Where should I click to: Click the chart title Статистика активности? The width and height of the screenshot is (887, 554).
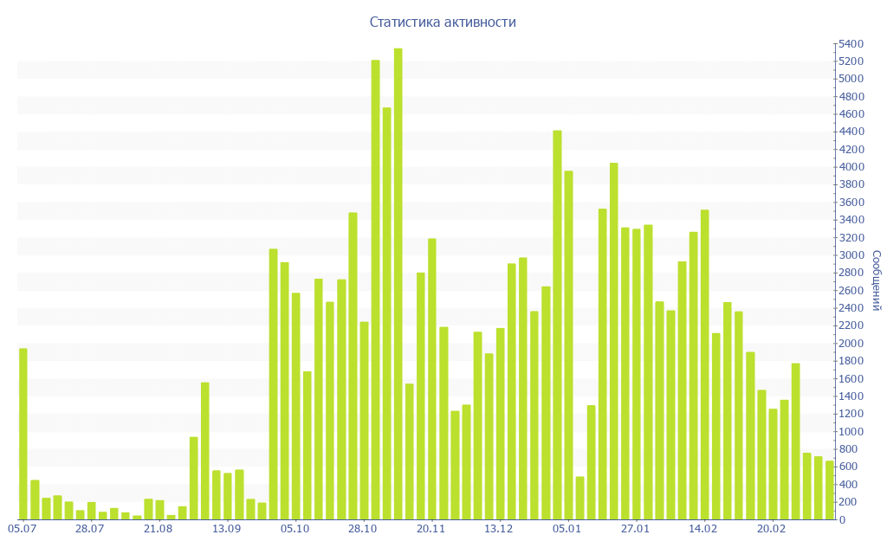443,22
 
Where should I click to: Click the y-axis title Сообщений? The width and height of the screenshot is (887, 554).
876,280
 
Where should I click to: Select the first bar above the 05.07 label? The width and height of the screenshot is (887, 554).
23,434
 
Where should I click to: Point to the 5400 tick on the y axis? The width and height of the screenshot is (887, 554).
850,43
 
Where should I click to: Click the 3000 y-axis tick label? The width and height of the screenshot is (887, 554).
850,255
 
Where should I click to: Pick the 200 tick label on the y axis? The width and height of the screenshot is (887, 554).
847,502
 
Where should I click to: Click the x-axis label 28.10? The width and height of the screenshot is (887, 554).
363,528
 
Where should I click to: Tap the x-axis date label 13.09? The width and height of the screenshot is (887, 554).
227,528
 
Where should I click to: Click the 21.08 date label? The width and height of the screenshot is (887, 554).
159,528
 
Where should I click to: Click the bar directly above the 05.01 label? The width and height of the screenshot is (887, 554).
568,345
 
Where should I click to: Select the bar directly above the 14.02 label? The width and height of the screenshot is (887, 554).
705,364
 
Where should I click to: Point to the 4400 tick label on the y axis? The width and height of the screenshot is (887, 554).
850,132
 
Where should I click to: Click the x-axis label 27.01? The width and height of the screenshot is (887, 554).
636,528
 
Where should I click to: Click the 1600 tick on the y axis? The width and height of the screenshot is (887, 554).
850,378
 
